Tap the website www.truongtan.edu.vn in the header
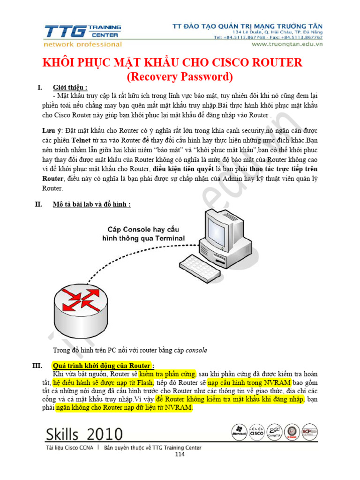coord(287,44)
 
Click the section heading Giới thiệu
coord(70,87)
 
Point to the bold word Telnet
coord(81,140)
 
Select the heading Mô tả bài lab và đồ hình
coord(91,204)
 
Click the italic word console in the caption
coord(196,350)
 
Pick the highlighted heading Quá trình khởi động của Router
coord(102,366)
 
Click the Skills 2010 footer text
coord(84,434)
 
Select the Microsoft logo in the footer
coord(239,432)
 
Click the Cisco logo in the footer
coord(257,432)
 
